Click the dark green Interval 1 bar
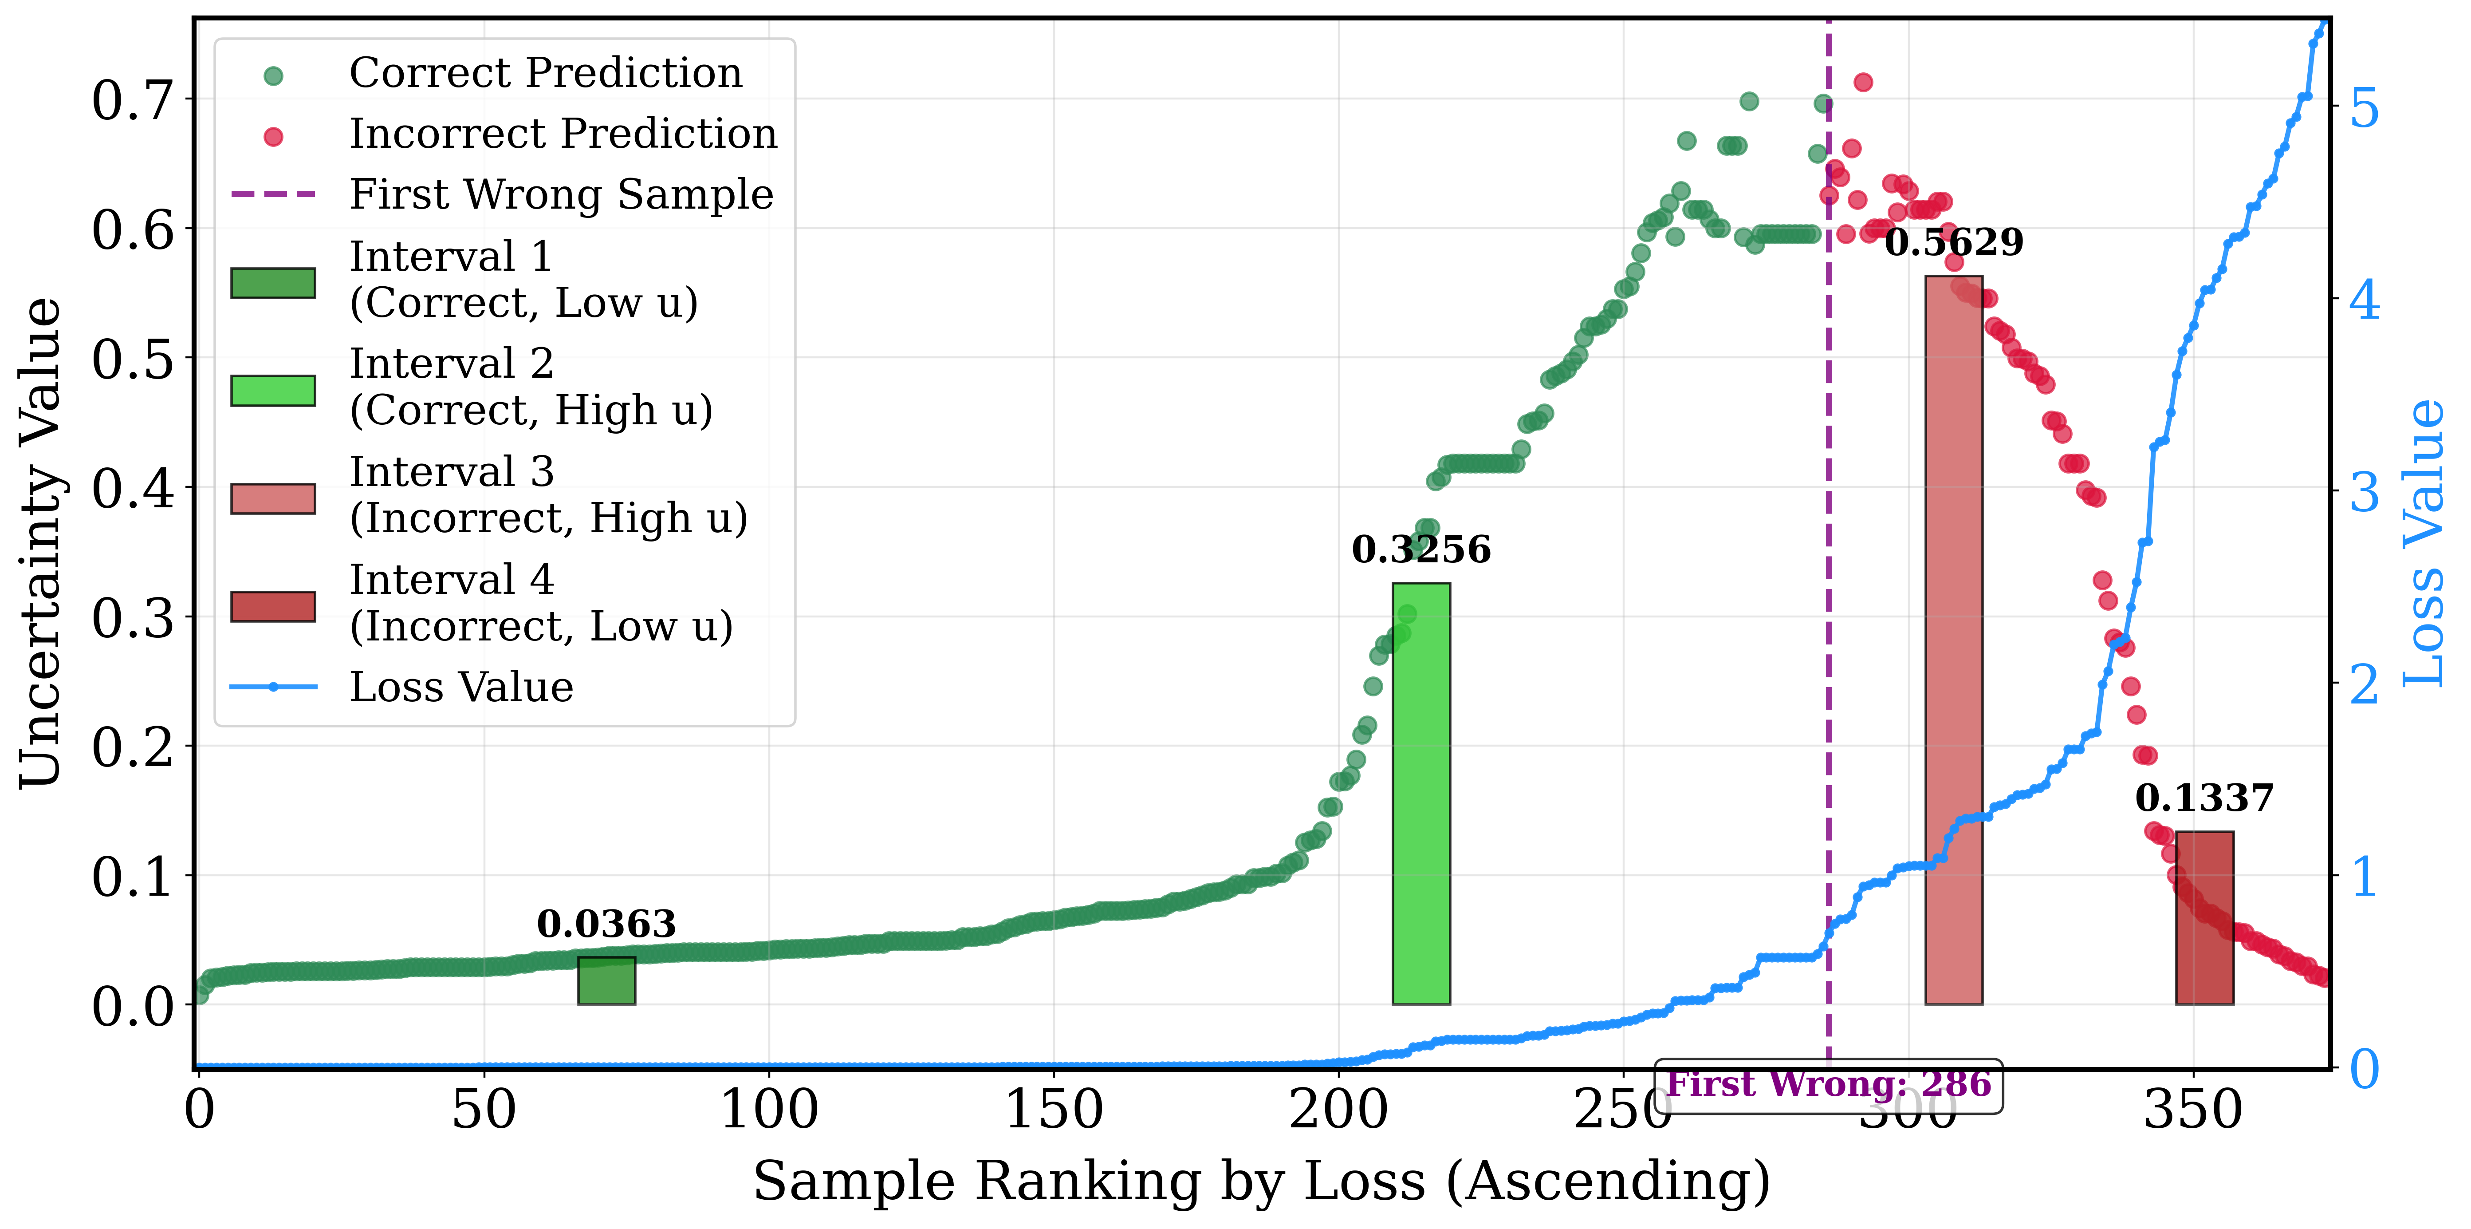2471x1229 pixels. click(x=606, y=980)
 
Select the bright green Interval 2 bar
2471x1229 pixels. click(x=1420, y=794)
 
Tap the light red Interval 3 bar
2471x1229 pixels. click(x=1954, y=640)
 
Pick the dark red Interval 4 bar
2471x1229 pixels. click(x=2204, y=918)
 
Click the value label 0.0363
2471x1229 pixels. click(x=606, y=924)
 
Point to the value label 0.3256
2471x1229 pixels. click(x=1420, y=550)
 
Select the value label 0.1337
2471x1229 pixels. click(x=2204, y=798)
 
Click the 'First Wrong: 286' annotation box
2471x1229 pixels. click(x=1828, y=1086)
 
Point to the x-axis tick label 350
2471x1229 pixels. click(x=2193, y=1110)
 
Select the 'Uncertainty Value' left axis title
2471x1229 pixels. click(x=40, y=543)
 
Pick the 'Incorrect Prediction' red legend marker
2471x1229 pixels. click(x=273, y=136)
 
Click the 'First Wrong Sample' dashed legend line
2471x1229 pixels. click(x=273, y=194)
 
